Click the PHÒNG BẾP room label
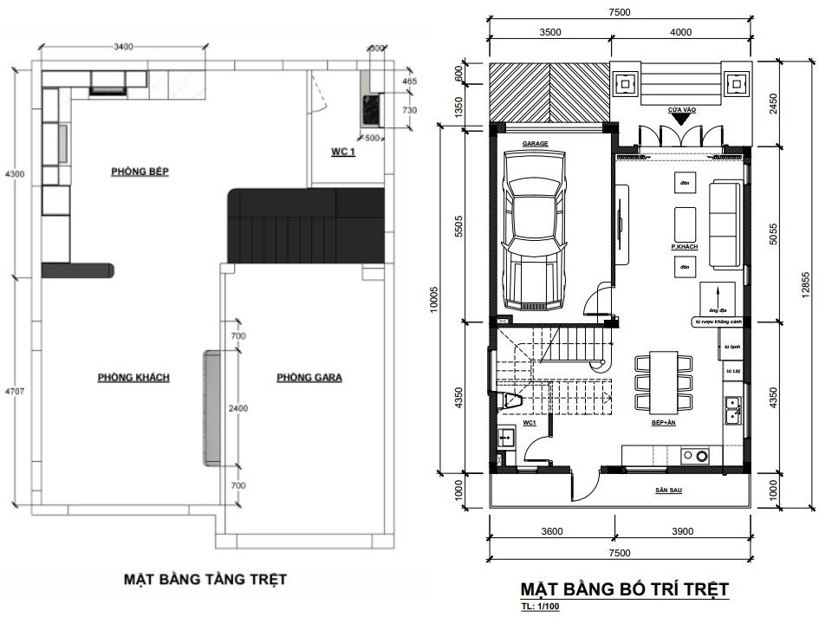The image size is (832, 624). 139,172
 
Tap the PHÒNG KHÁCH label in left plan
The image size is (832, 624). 133,377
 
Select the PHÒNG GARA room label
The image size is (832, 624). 309,377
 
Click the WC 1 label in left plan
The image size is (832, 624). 344,152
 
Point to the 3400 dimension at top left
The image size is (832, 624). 122,48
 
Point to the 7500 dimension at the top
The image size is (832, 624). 619,12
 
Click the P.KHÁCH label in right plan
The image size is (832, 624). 685,247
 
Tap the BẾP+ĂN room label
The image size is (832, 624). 665,423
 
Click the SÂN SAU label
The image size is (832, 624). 667,491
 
